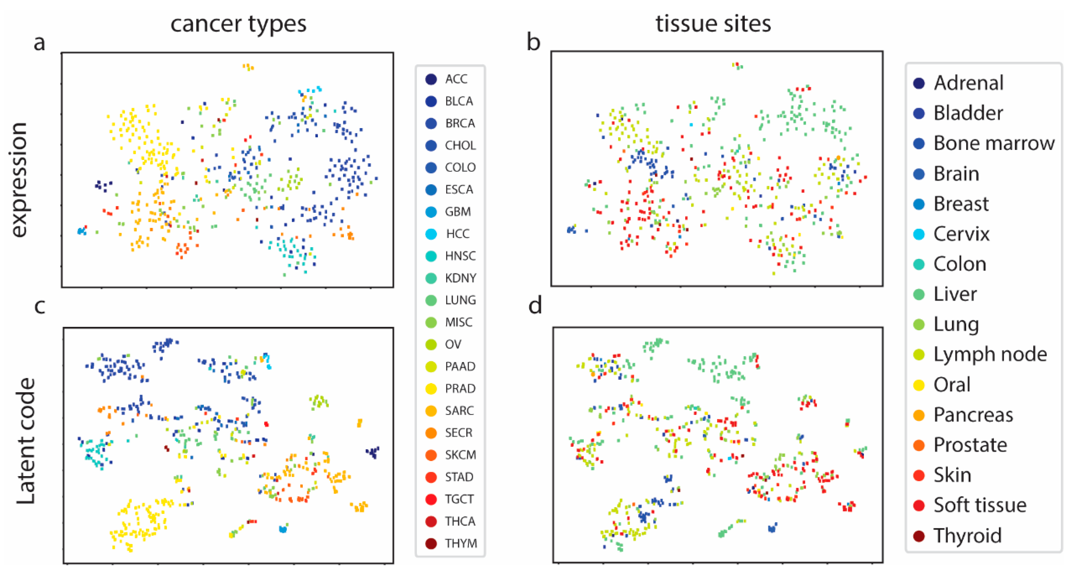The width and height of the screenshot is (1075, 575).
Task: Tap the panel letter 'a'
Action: [x=39, y=43]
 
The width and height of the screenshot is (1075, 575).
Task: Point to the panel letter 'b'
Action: [x=533, y=43]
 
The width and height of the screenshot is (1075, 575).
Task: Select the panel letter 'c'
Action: [x=40, y=306]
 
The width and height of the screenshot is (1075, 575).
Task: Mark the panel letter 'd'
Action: [x=535, y=306]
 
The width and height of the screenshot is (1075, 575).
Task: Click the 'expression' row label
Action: [x=18, y=180]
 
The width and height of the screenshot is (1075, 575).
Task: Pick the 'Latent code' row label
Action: [x=26, y=441]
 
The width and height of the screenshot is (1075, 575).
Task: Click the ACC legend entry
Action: [x=456, y=79]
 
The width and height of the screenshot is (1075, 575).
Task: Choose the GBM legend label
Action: [x=458, y=212]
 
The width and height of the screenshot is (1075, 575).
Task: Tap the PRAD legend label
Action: [x=460, y=389]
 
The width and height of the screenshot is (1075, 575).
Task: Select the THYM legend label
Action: [x=461, y=544]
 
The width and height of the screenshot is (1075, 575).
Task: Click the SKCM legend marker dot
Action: [x=431, y=455]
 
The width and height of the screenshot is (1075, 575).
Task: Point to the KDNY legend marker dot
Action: [x=431, y=278]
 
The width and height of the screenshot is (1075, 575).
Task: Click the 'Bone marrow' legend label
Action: [x=994, y=143]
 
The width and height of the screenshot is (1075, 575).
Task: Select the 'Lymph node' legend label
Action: [x=990, y=355]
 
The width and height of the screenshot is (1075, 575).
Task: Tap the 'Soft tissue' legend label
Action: [x=980, y=505]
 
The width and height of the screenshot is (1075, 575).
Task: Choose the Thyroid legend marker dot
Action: [x=919, y=536]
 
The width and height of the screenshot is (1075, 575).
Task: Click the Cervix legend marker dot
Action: [x=919, y=234]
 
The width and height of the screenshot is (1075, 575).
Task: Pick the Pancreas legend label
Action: [x=973, y=415]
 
